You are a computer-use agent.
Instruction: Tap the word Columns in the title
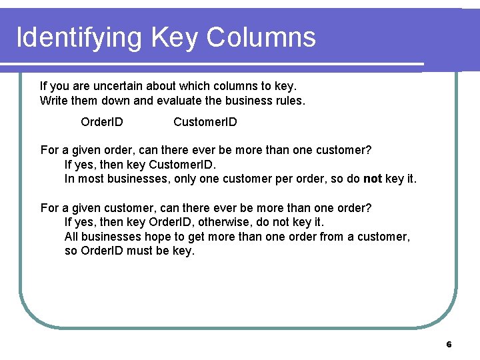(x=261, y=37)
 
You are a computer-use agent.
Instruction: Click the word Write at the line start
(x=54, y=101)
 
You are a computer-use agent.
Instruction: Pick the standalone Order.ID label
(x=101, y=122)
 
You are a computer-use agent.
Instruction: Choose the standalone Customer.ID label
(x=205, y=122)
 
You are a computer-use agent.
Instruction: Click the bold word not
(x=373, y=179)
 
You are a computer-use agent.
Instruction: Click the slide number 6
(x=449, y=345)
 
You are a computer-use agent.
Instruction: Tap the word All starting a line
(x=72, y=237)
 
